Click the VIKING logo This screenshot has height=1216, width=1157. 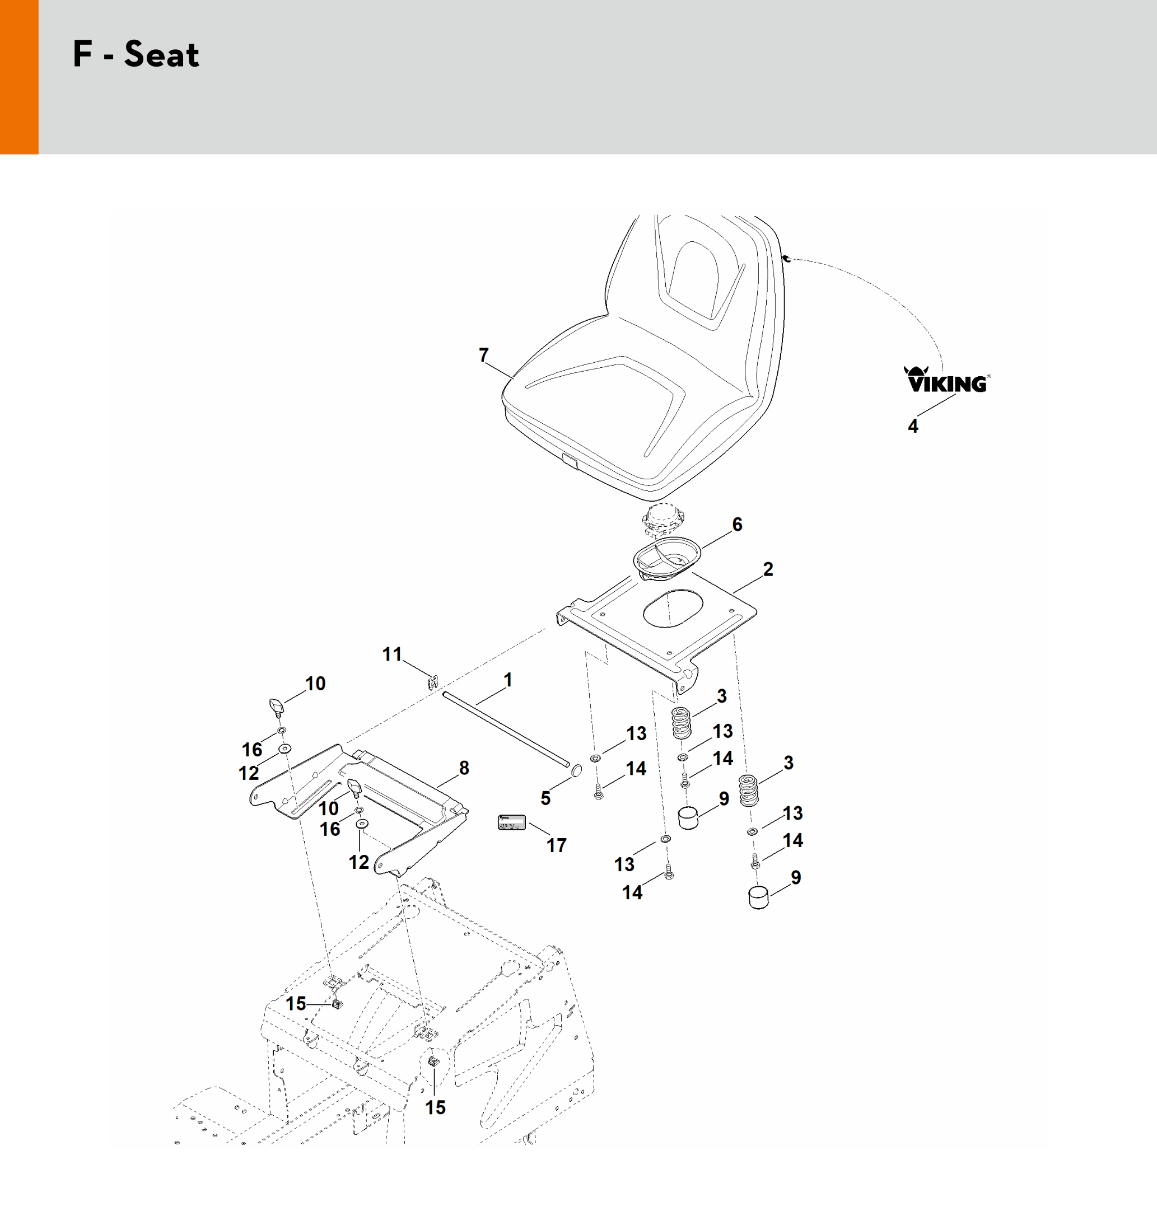coord(946,381)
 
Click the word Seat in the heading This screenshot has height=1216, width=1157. coord(162,55)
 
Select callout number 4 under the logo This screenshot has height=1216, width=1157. coord(913,426)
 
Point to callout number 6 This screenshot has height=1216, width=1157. coord(737,524)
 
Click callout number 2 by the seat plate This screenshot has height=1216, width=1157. coord(768,569)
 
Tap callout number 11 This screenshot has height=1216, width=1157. coord(392,654)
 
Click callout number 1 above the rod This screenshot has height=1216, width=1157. coord(508,680)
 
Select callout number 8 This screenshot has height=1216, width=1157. coord(464,768)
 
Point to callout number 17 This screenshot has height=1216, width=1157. coord(556,845)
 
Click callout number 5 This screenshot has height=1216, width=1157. coord(545,798)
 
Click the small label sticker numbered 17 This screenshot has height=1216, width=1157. coord(511,822)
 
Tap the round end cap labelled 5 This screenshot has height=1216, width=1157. coord(575,770)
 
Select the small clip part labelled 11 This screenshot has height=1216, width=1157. coord(433,682)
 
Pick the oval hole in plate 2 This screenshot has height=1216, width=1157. coord(673,608)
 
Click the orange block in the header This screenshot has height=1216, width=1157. coord(19,77)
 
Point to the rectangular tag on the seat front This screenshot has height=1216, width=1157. coord(570,460)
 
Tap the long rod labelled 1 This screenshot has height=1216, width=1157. coord(506,731)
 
